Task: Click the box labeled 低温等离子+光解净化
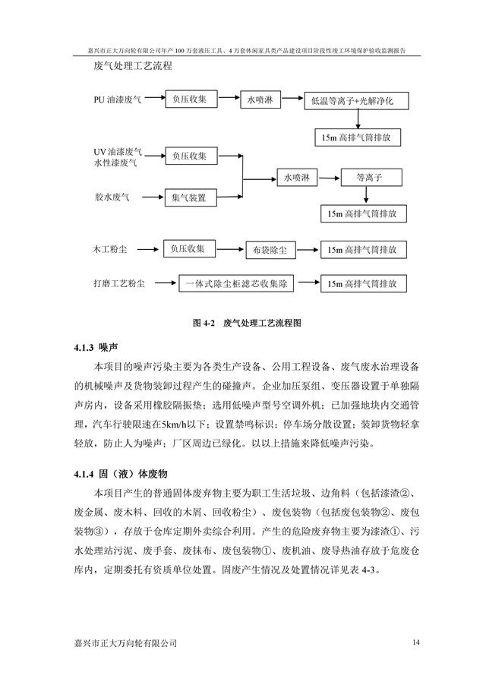[x=356, y=101]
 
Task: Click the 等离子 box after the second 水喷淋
[x=368, y=177]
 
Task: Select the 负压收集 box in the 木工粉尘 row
[x=190, y=248]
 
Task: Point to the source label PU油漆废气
[x=117, y=99]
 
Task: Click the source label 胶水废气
[x=112, y=197]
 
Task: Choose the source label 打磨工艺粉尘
[x=118, y=285]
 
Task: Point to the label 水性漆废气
[x=115, y=163]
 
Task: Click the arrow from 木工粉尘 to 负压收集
[x=150, y=248]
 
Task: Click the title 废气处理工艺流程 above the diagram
[x=133, y=66]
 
